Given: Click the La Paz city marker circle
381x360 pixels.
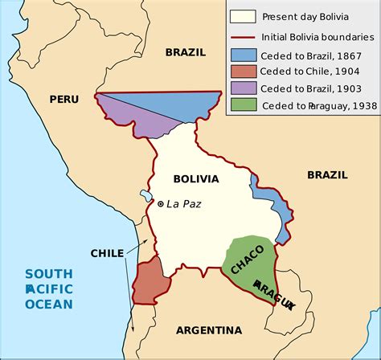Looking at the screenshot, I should [161, 204].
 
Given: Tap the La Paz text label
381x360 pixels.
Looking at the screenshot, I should [184, 204].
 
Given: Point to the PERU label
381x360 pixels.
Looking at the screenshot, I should [65, 99].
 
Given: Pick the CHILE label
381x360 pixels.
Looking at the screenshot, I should [107, 252].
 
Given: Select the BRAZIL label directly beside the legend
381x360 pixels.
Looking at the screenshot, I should [186, 52].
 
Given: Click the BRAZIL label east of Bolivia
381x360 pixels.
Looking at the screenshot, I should [326, 174].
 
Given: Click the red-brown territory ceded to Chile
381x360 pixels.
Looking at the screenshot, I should [150, 281].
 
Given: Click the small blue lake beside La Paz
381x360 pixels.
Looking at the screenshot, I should [145, 195].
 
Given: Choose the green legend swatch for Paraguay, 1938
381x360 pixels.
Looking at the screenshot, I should [242, 104].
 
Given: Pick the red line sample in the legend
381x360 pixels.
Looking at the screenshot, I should [242, 37].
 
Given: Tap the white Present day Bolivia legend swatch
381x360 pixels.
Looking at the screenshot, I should [242, 15].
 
